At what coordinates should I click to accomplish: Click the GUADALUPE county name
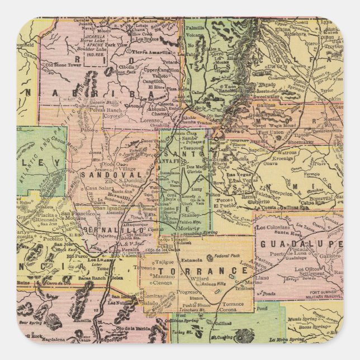click(x=300, y=244)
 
